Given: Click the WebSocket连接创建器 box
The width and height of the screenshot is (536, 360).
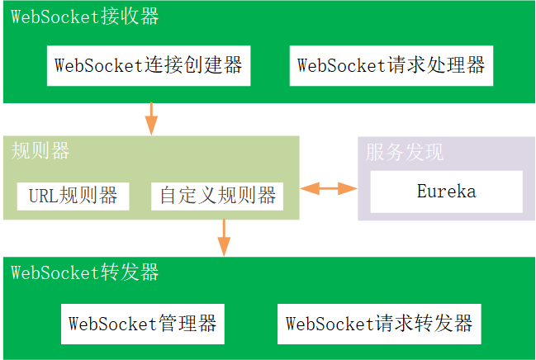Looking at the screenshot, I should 149,66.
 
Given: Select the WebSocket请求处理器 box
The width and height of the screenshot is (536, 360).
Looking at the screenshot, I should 391,66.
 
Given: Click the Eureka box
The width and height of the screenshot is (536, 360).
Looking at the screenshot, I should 446,192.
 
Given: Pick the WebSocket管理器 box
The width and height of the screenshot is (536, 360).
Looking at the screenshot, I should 143,323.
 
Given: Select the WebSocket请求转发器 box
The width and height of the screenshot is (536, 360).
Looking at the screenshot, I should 379,323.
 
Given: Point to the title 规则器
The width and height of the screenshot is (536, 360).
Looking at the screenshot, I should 40,151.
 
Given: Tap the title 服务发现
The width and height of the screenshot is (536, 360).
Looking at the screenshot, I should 405,152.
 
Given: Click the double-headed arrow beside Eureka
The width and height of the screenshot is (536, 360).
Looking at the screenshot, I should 328,189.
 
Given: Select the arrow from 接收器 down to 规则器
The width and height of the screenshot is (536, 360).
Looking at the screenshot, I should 151,118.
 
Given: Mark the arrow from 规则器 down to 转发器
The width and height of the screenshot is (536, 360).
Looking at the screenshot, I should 223,237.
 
